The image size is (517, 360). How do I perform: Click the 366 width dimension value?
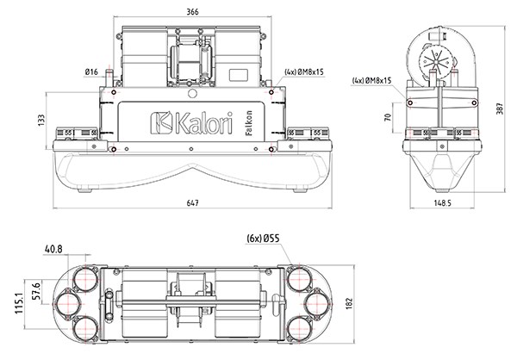click(x=192, y=10)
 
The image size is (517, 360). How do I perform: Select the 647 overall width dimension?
click(x=192, y=202)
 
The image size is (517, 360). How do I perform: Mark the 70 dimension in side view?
click(x=389, y=116)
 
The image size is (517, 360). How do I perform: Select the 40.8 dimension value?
click(x=53, y=249)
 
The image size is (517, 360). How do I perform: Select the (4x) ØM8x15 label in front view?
click(x=304, y=72)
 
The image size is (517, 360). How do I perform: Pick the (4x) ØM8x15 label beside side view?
click(x=372, y=80)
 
